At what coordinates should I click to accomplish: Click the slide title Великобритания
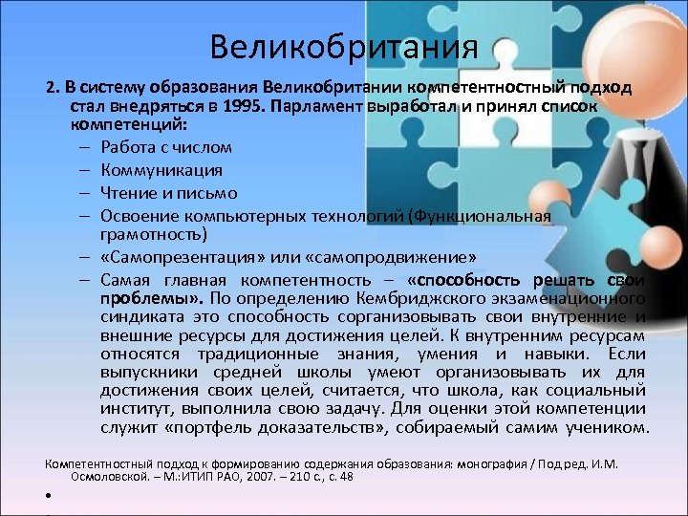pos(343,46)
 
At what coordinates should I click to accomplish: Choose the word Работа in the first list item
pos(129,147)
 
